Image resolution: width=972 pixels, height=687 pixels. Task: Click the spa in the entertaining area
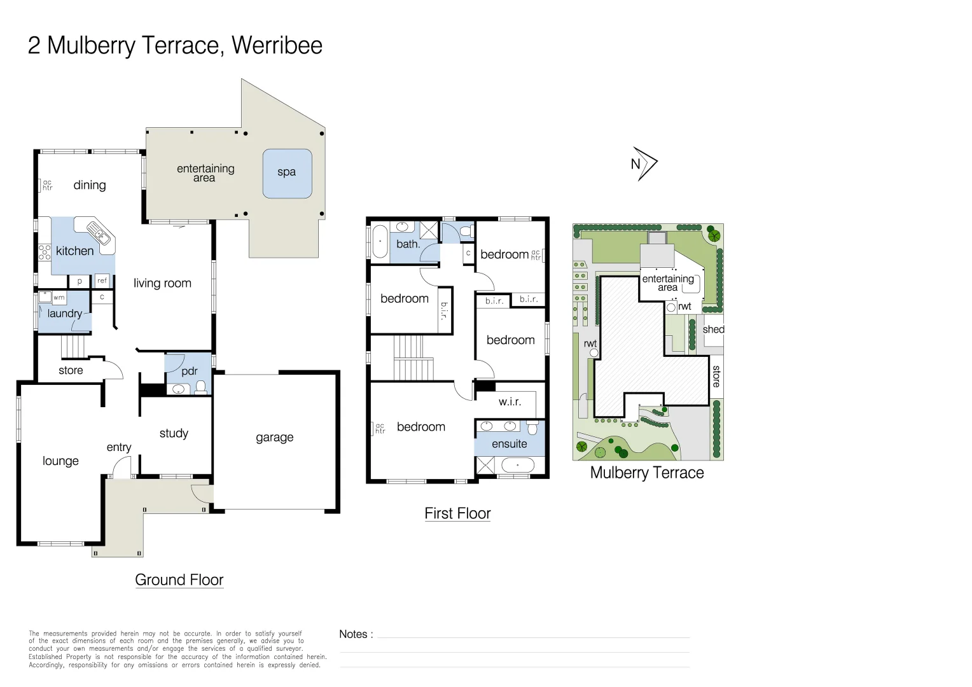[287, 173]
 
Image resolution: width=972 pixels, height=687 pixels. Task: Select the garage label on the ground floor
[274, 438]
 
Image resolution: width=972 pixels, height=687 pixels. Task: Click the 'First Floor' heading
[457, 513]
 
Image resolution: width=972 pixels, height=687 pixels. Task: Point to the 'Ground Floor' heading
[179, 580]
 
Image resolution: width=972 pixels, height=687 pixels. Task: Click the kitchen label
[74, 251]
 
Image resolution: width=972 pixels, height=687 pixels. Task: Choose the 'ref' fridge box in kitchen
[102, 281]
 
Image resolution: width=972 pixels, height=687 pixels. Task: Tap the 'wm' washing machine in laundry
[59, 298]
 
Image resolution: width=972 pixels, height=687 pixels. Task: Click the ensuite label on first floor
[509, 444]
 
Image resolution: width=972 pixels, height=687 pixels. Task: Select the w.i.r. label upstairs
[510, 402]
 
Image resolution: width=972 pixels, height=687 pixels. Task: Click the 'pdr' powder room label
[189, 371]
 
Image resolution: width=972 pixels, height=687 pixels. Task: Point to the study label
[174, 434]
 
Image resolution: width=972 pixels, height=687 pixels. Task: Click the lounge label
[60, 461]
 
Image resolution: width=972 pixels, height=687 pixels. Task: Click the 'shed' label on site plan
[713, 330]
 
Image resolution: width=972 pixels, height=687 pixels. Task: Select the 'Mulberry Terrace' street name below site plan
[647, 473]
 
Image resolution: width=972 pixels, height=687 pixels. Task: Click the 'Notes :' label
[356, 634]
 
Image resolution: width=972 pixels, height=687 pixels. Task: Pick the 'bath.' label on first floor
[408, 244]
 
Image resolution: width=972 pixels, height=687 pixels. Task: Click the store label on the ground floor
[71, 371]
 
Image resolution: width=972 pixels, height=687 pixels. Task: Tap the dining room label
[90, 186]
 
